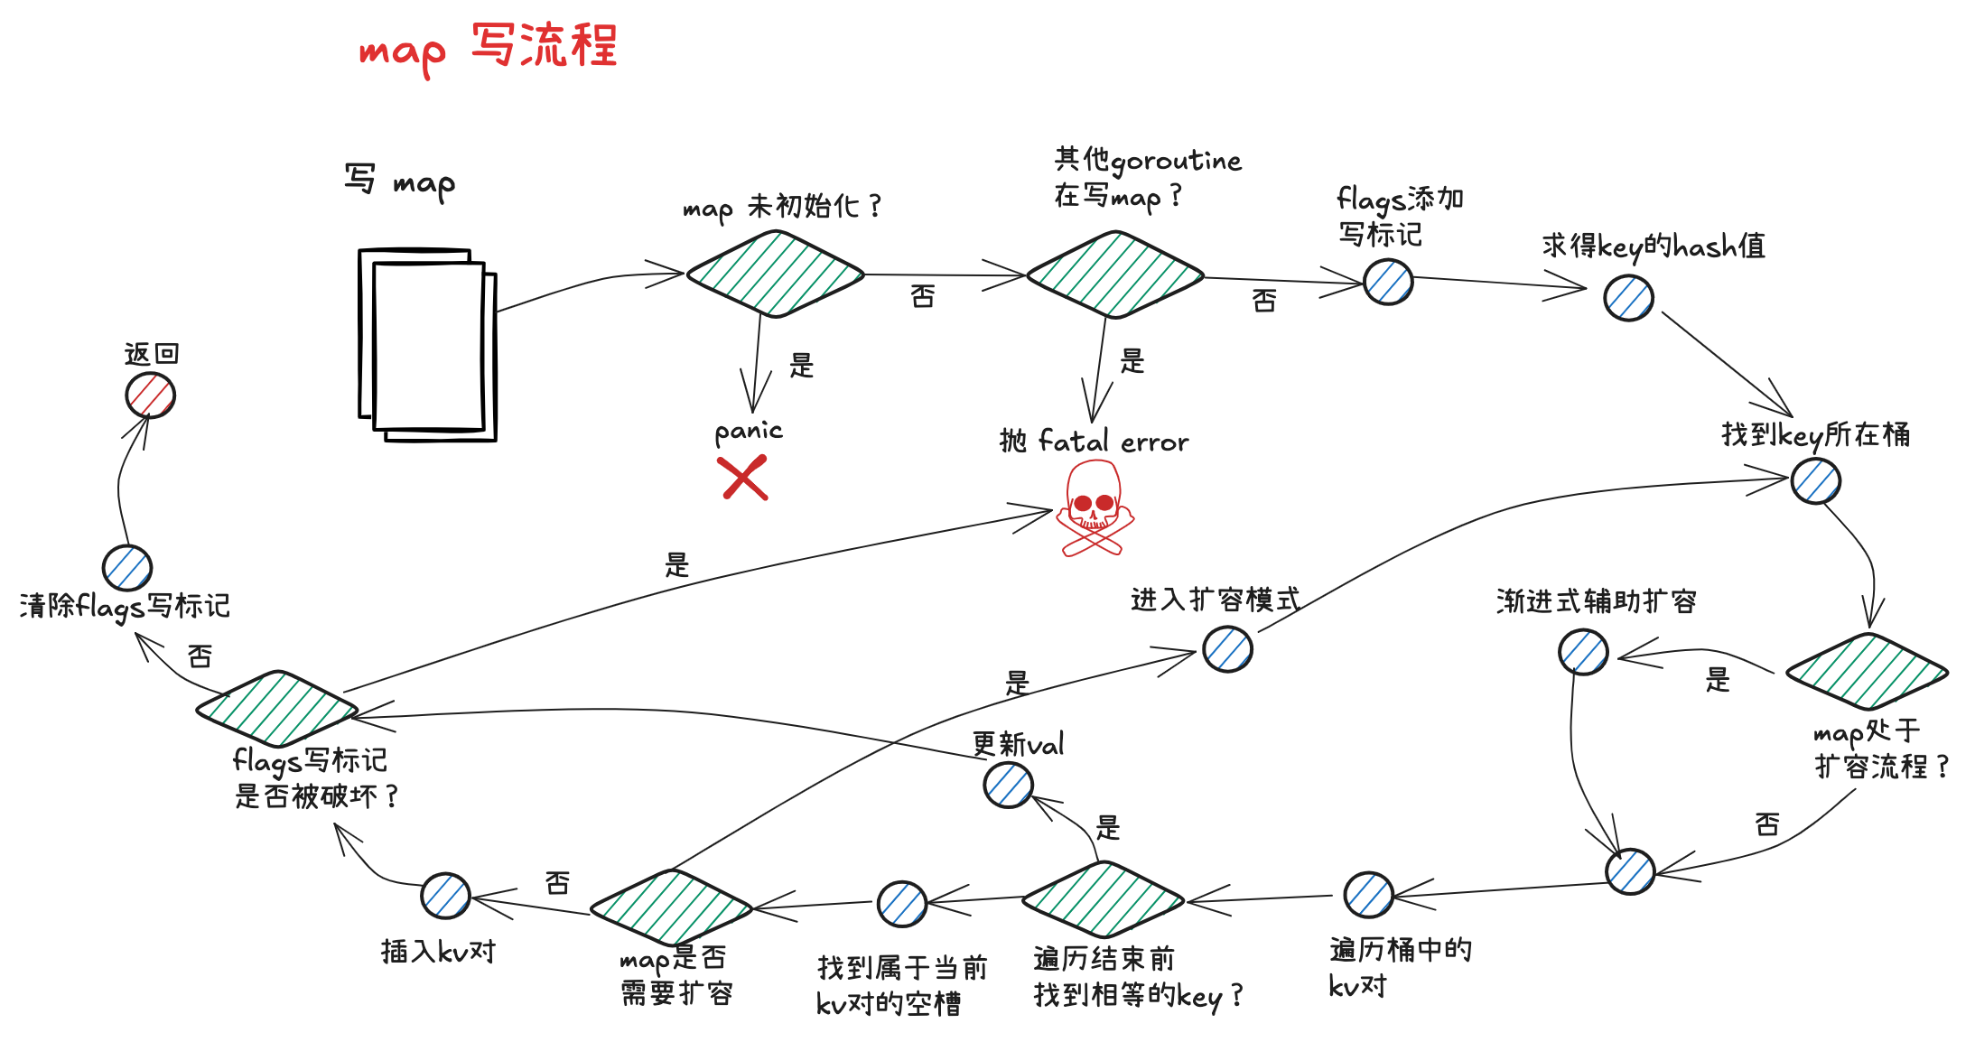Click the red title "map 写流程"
click(489, 47)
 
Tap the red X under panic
click(743, 478)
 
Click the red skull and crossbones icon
click(1095, 508)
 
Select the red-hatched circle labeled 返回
click(150, 395)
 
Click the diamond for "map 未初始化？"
click(775, 274)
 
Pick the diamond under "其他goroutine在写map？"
click(1115, 274)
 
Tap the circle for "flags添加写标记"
click(1388, 282)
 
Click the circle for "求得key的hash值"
click(1628, 298)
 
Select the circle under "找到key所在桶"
click(1815, 481)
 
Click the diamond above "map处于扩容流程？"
click(1867, 671)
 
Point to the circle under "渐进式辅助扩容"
click(1583, 652)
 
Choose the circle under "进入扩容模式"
click(1227, 649)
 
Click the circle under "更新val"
click(1008, 785)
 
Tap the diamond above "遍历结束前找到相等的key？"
click(1103, 899)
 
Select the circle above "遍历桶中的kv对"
click(1368, 895)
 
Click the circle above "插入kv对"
click(445, 896)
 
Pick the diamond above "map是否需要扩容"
click(671, 907)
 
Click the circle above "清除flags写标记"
click(127, 568)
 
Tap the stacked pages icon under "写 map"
click(427, 345)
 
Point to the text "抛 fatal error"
click(1094, 442)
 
